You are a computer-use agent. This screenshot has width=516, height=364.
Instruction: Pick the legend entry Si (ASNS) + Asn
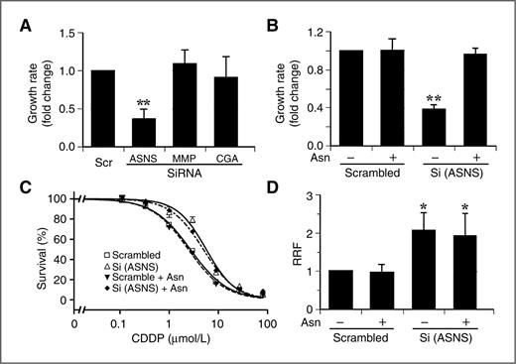(149, 289)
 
